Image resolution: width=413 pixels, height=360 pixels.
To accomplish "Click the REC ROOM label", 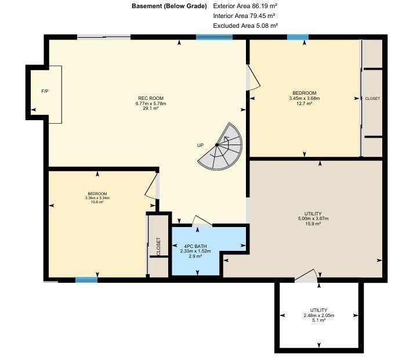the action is pyautogui.click(x=151, y=98).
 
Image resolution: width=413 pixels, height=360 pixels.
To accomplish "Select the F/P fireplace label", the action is pyautogui.click(x=45, y=92).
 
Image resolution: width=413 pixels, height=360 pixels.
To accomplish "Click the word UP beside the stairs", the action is pyautogui.click(x=201, y=145).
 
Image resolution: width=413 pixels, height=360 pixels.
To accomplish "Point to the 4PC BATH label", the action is pyautogui.click(x=195, y=246).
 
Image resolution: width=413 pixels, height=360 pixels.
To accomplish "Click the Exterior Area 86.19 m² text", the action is pyautogui.click(x=245, y=6).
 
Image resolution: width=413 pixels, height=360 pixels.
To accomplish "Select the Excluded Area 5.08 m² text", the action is pyautogui.click(x=245, y=26).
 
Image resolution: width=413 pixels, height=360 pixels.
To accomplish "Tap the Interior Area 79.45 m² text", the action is pyautogui.click(x=244, y=16).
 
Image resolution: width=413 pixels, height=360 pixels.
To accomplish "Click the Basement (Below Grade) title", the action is pyautogui.click(x=169, y=6).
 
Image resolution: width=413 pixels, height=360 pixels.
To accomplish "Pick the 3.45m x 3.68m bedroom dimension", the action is pyautogui.click(x=305, y=98).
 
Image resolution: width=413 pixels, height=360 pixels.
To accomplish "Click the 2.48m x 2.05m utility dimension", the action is pyautogui.click(x=319, y=315).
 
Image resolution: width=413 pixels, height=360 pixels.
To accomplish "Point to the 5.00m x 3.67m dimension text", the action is pyautogui.click(x=313, y=219).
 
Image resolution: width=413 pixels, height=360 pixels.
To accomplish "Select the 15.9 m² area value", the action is pyautogui.click(x=313, y=224).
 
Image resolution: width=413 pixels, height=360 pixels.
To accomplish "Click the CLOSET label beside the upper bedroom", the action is pyautogui.click(x=372, y=99).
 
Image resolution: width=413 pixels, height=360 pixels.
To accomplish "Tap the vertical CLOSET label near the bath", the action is pyautogui.click(x=158, y=246).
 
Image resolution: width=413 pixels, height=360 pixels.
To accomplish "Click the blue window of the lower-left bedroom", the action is pyautogui.click(x=86, y=280).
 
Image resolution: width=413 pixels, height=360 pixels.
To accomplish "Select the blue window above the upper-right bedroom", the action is pyautogui.click(x=298, y=37).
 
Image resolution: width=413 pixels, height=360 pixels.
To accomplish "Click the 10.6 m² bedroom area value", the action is pyautogui.click(x=97, y=202).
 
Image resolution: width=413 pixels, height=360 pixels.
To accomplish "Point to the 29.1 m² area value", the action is pyautogui.click(x=151, y=109).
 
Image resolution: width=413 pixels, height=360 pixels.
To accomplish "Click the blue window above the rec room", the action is pyautogui.click(x=215, y=37).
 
